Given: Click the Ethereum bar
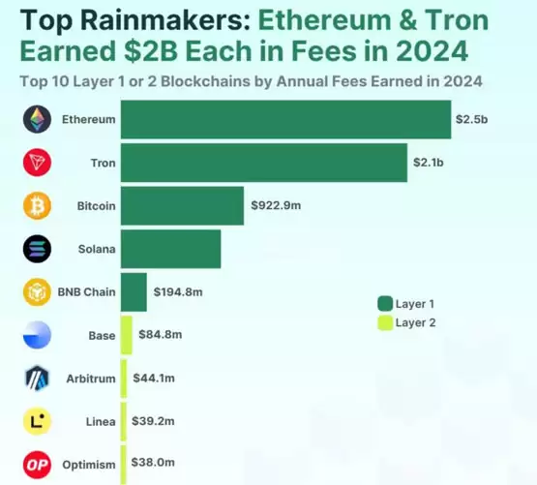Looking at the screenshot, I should pyautogui.click(x=285, y=119).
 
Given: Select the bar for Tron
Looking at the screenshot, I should pyautogui.click(x=263, y=163).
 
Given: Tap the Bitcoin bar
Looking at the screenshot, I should pyautogui.click(x=182, y=205).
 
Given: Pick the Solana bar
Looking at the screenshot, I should pyautogui.click(x=170, y=249).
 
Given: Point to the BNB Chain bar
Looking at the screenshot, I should pyautogui.click(x=134, y=291).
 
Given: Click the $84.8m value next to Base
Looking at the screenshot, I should pyautogui.click(x=161, y=335).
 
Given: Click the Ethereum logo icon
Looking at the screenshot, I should pyautogui.click(x=37, y=119).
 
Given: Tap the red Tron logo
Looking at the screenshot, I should pyautogui.click(x=37, y=163).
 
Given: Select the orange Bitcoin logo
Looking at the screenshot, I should pyautogui.click(x=37, y=205).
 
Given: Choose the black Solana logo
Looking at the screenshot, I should pyautogui.click(x=37, y=249).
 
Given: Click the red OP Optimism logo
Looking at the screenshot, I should pyautogui.click(x=37, y=463).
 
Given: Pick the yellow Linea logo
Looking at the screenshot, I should pyautogui.click(x=37, y=420).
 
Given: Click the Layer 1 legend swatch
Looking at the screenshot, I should pyautogui.click(x=384, y=303).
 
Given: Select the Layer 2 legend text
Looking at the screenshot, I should pyautogui.click(x=416, y=323).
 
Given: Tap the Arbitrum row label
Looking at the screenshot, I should pyautogui.click(x=90, y=378).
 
